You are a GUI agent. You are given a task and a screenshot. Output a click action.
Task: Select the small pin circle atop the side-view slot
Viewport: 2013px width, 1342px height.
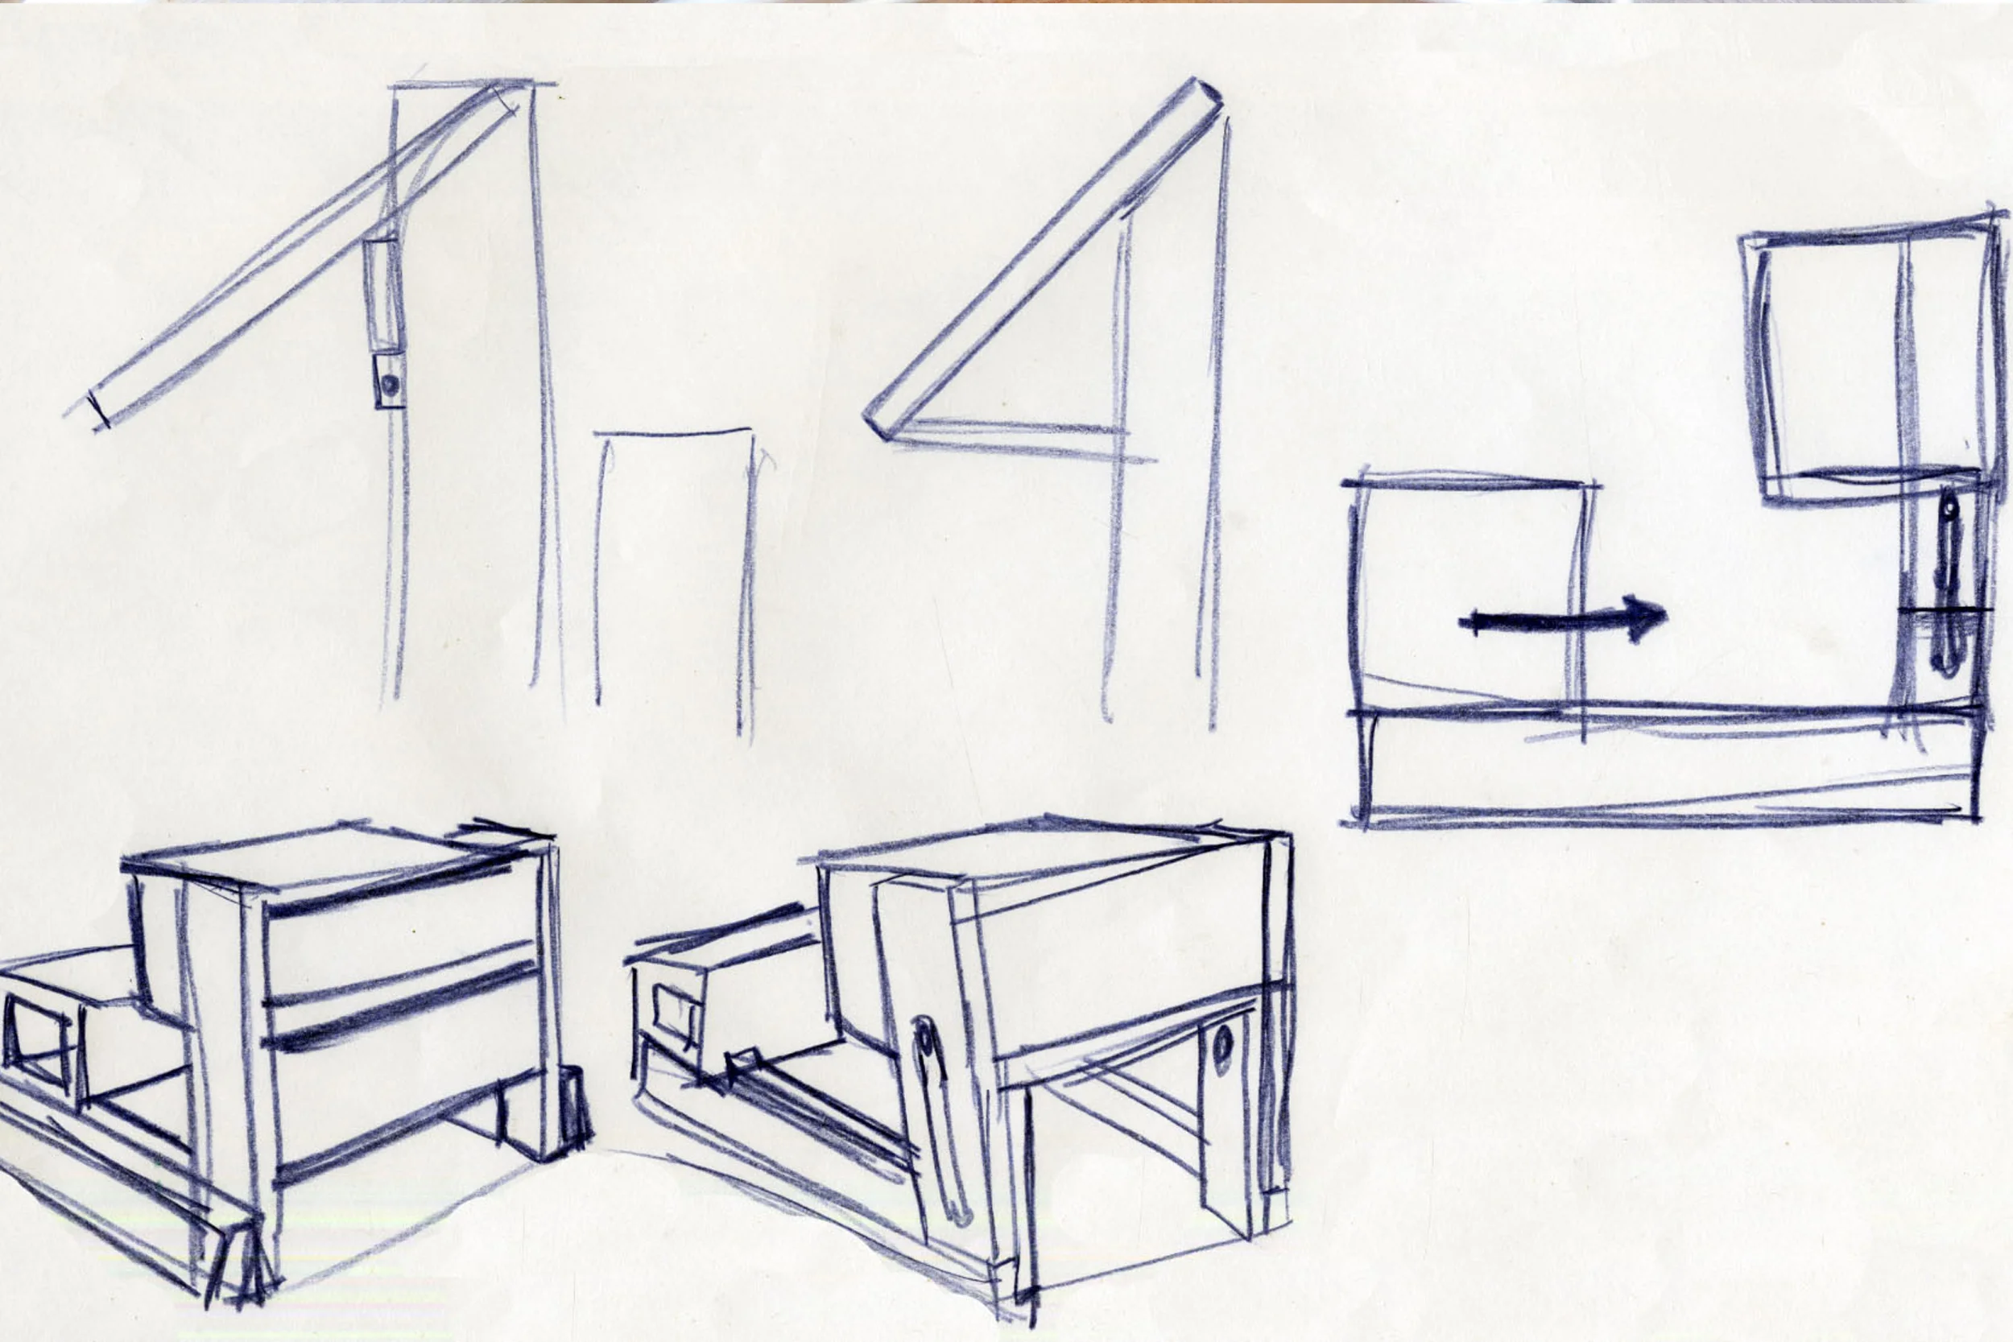coord(1949,510)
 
